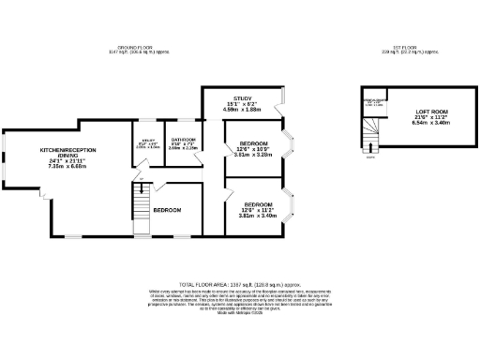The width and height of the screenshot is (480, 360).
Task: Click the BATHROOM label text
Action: coord(182,140)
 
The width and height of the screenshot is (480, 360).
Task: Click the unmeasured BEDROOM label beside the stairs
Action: coord(167,209)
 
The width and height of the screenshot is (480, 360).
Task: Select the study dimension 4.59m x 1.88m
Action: coord(243,110)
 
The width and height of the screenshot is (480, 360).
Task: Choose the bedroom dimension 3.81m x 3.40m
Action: coord(258,216)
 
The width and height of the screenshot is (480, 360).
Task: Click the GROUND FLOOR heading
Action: coord(134,47)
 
